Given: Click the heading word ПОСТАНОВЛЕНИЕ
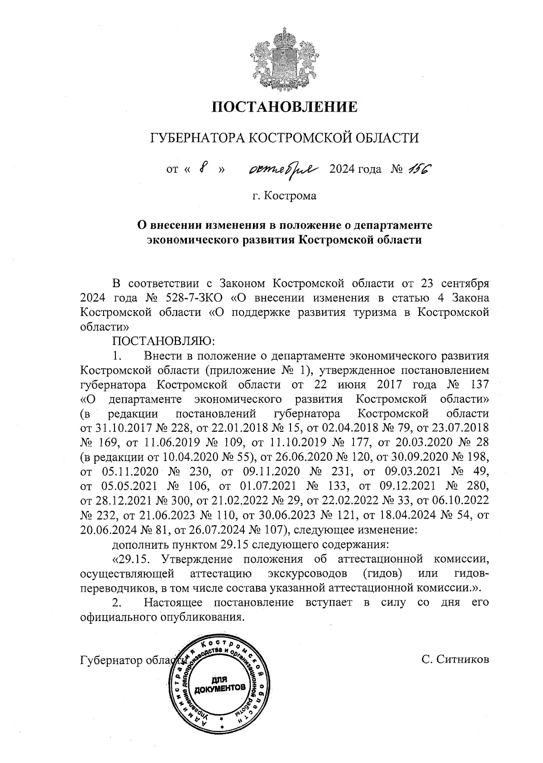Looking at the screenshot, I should click(x=285, y=107).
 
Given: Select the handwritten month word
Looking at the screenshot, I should click(x=284, y=170).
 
